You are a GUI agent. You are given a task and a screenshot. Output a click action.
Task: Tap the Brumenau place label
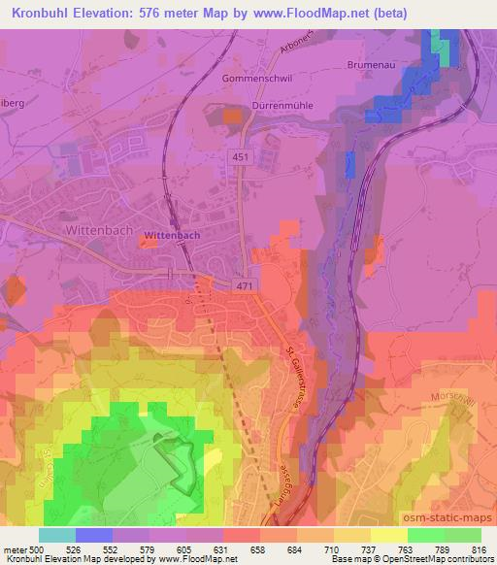click(x=372, y=65)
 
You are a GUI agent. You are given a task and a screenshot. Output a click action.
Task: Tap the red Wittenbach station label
click(x=171, y=236)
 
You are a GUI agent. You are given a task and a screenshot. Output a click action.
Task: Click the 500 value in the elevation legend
click(x=34, y=549)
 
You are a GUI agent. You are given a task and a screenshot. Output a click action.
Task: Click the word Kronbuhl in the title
click(x=42, y=13)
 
